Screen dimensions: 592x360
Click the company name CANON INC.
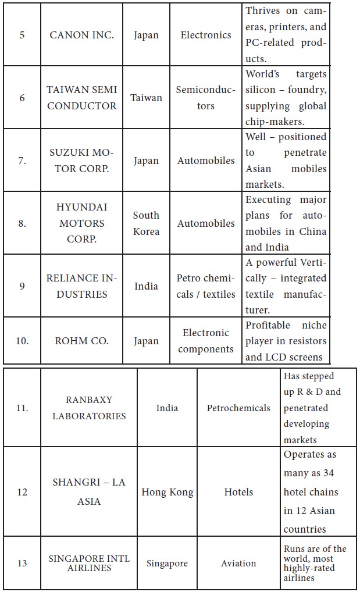(81, 35)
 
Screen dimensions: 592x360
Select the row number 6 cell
(22, 98)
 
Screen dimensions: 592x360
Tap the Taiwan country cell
(146, 98)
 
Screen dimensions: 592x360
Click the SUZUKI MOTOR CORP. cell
(81, 161)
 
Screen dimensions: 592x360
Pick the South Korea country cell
(146, 223)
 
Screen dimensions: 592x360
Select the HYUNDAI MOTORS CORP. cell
(81, 223)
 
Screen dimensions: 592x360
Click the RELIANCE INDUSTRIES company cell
(81, 286)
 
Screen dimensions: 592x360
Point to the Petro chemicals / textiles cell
(206, 286)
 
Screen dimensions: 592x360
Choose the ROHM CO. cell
(81, 341)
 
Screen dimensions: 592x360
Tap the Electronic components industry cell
(206, 341)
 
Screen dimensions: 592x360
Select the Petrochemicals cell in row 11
(238, 408)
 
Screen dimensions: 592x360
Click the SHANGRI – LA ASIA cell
(89, 492)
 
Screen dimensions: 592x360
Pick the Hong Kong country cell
(167, 492)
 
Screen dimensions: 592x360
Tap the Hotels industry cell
(238, 492)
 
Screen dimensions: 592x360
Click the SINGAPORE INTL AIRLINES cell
(89, 564)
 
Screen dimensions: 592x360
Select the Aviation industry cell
(238, 564)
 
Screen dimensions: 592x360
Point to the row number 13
(22, 564)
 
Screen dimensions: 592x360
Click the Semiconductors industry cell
(206, 98)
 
